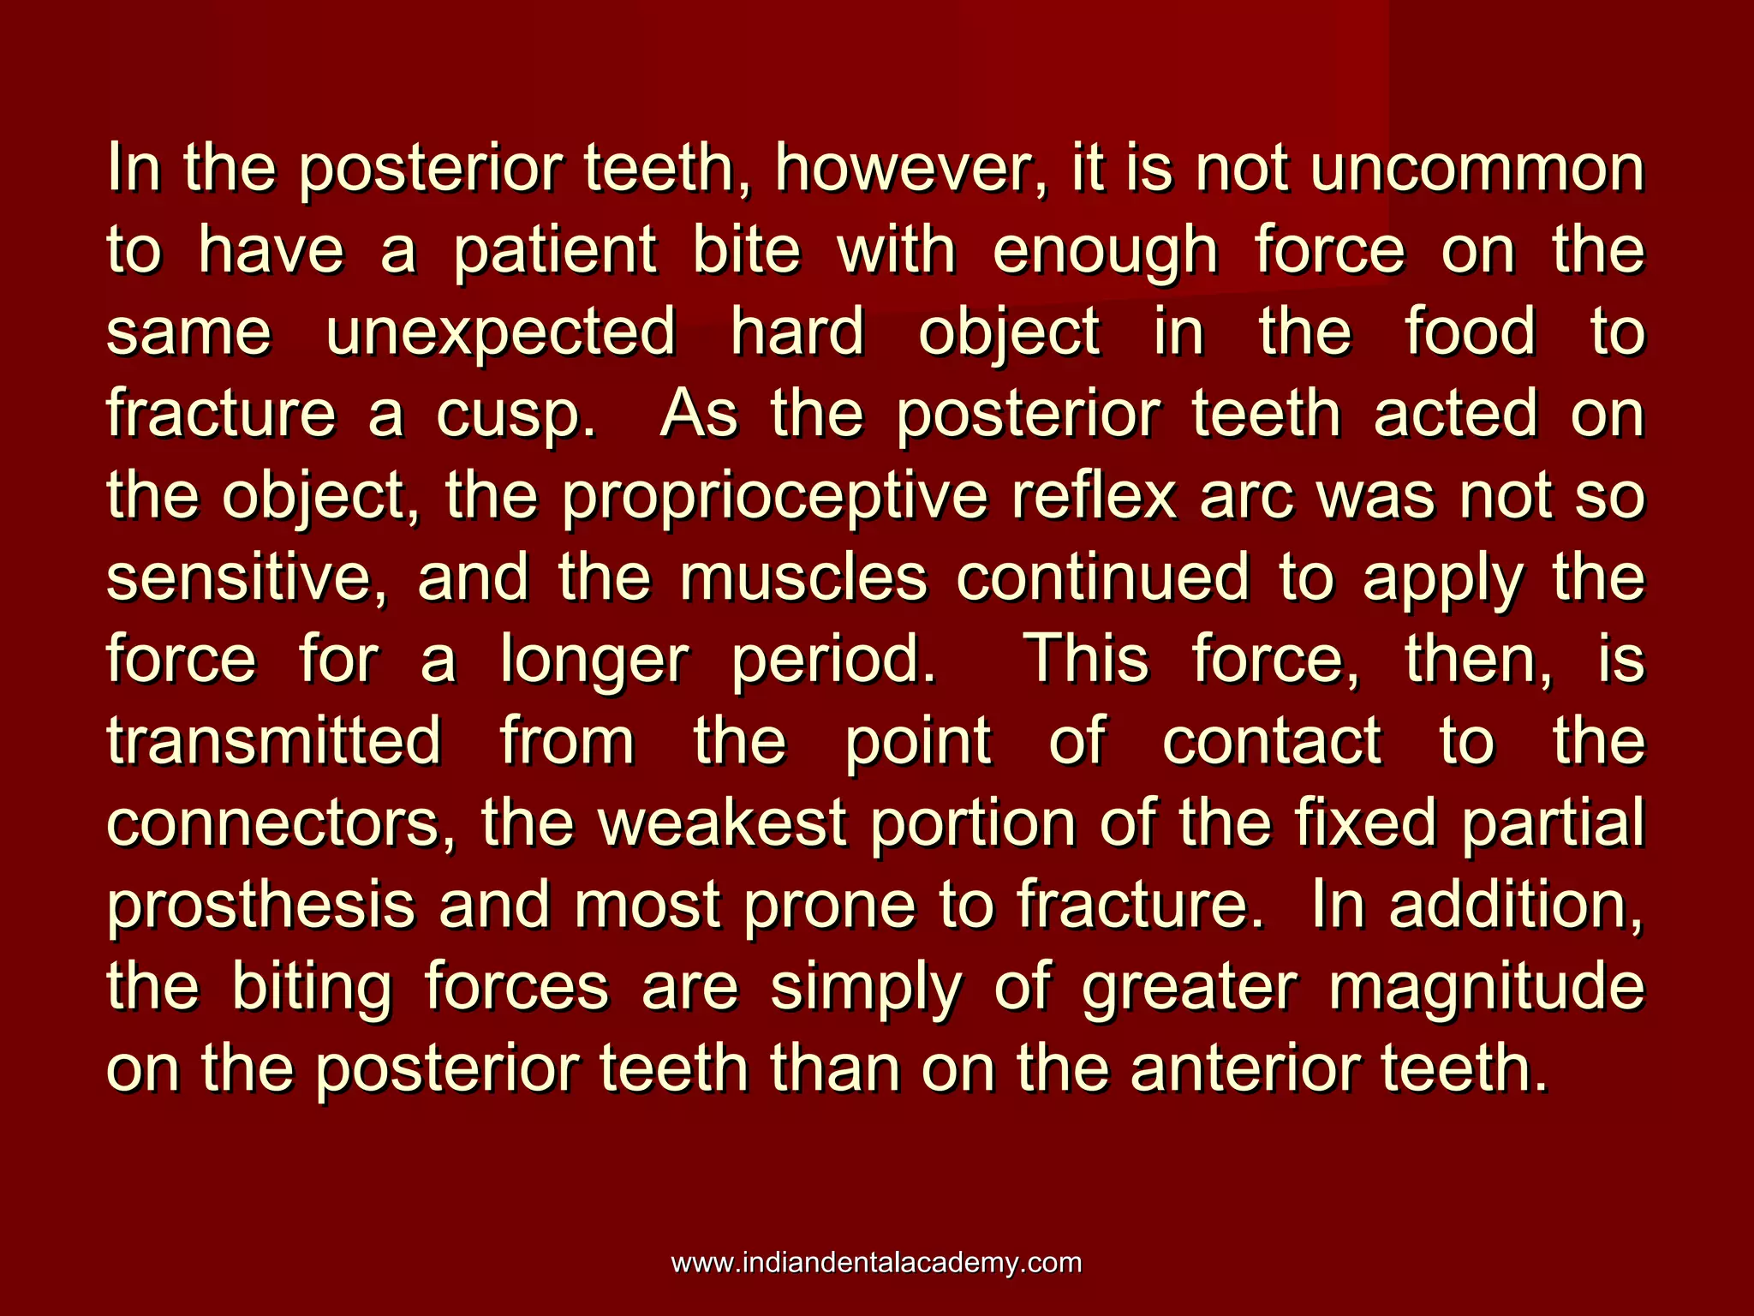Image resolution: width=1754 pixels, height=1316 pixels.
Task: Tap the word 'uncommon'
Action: click(x=1477, y=169)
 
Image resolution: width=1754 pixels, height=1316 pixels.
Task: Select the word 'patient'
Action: click(x=555, y=251)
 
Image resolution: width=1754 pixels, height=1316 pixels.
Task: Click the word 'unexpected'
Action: click(x=501, y=333)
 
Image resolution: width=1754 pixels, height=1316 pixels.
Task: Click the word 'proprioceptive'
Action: click(x=775, y=498)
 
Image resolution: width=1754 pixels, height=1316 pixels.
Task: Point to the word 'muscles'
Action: click(x=803, y=578)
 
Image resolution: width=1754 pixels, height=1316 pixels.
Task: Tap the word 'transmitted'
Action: click(x=275, y=741)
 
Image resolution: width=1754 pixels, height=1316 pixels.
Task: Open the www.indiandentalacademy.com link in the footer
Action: click(x=876, y=1262)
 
